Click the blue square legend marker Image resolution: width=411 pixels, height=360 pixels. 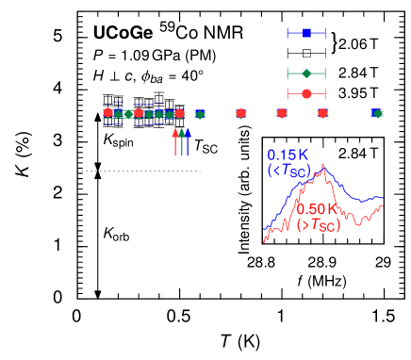tap(306, 33)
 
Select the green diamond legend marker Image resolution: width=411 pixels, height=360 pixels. tap(306, 73)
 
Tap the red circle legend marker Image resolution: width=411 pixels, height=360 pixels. tap(306, 92)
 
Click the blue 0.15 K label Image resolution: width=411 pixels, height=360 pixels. tap(288, 155)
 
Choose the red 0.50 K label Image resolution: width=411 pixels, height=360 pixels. tap(318, 208)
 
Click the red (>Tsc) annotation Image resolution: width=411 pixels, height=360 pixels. tap(319, 224)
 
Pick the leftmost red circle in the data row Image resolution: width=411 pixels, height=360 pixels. tap(107, 112)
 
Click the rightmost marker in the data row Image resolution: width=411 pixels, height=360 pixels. tap(378, 113)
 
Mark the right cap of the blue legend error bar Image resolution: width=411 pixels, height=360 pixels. tap(325, 33)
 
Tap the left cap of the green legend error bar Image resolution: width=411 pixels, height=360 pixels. tap(288, 73)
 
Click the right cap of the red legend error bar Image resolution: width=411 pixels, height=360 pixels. tap(325, 92)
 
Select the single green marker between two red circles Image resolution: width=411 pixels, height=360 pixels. tap(200, 113)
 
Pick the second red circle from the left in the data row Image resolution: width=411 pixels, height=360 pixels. tap(139, 113)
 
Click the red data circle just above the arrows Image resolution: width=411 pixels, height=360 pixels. tap(179, 113)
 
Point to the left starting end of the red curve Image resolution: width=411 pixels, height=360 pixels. tap(264, 243)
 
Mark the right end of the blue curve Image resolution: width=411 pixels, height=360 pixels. tap(383, 199)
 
